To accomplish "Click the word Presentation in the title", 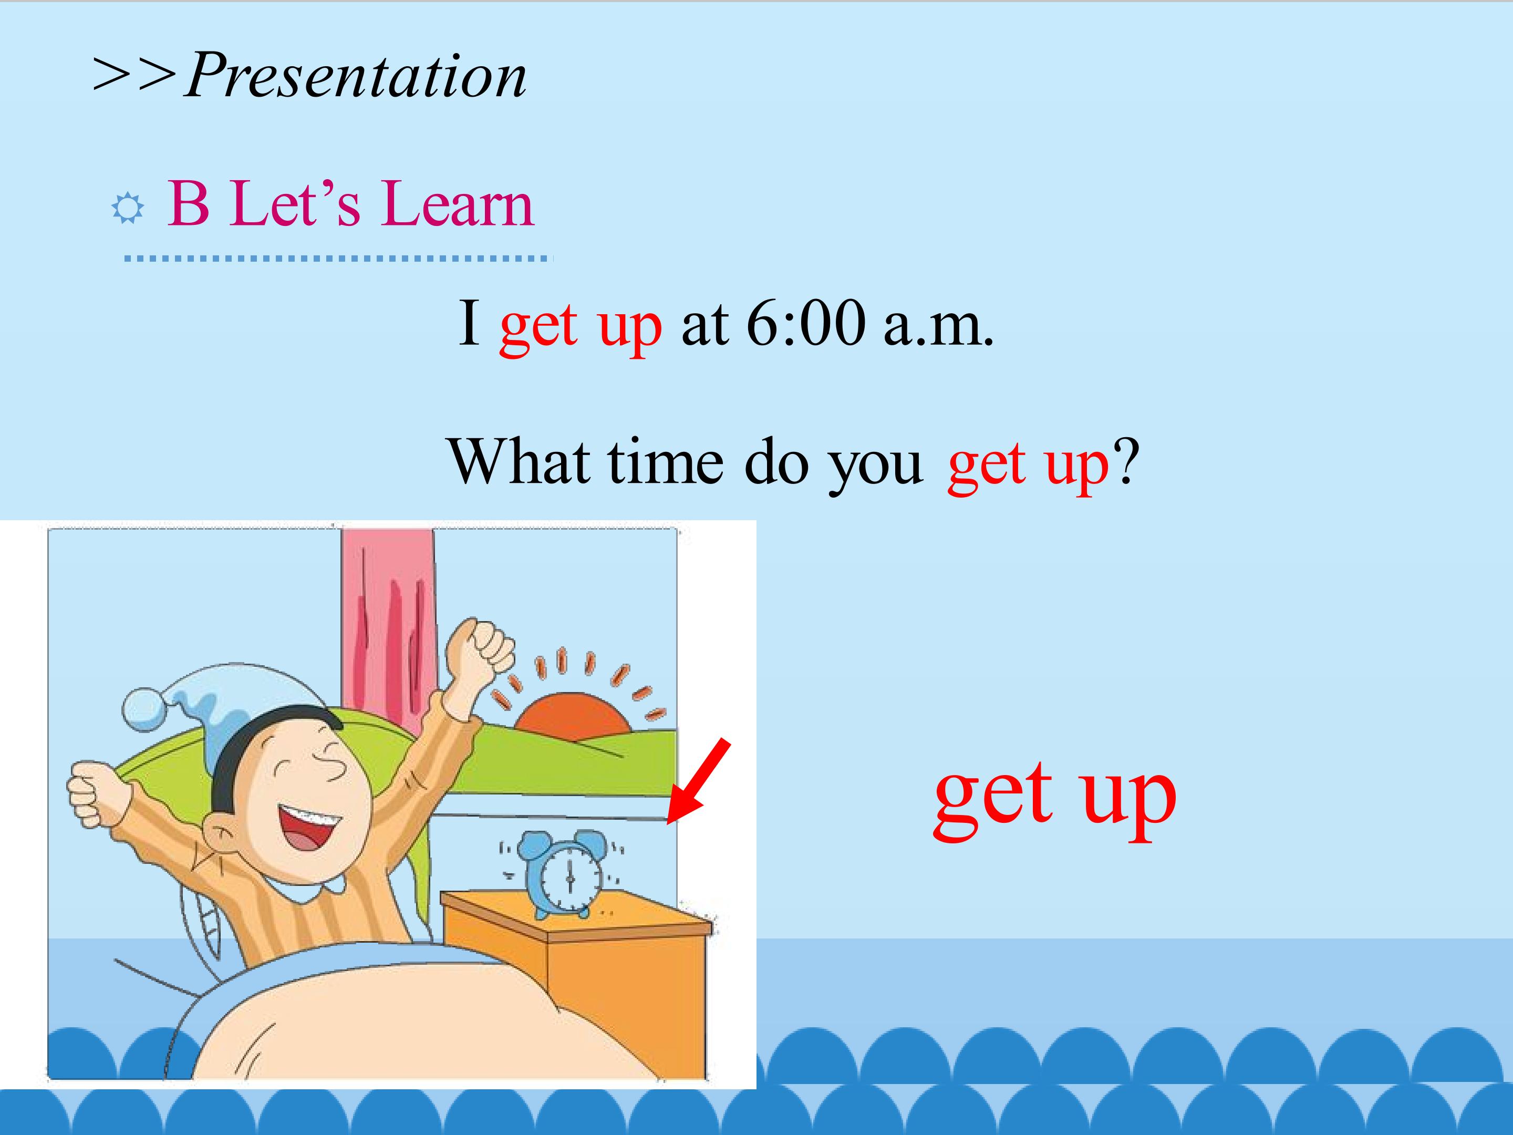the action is [356, 75].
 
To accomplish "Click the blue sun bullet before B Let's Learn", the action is [128, 208].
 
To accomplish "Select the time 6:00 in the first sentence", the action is [806, 324].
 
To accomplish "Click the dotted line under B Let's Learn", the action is [337, 259].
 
